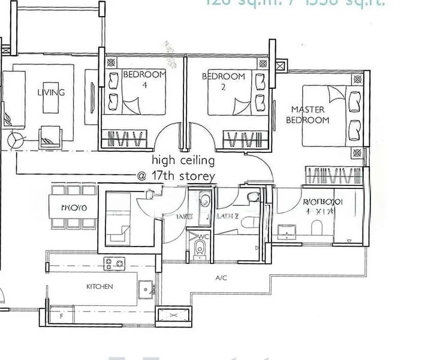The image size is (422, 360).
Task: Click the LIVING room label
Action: (51, 92)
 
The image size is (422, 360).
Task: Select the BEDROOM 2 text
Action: (223, 76)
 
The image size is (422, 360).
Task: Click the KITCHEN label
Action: (100, 287)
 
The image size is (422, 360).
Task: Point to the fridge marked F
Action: (61, 314)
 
